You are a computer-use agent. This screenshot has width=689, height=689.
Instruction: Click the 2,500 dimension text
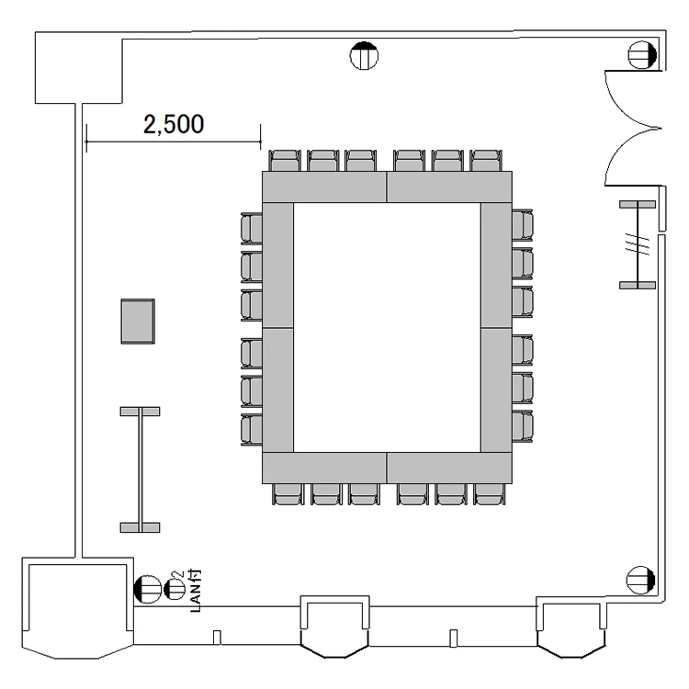174,124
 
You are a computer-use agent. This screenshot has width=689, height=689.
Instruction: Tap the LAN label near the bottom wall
196,597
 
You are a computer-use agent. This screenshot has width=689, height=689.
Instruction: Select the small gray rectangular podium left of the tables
138,322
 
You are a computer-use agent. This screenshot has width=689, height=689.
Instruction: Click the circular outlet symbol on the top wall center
364,56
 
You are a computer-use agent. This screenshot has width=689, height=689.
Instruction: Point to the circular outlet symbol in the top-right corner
642,55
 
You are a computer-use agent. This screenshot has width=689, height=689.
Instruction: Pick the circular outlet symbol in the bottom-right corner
640,580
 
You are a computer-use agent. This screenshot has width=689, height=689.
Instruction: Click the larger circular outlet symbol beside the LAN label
147,589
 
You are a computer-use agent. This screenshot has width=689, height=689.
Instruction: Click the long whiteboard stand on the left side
141,469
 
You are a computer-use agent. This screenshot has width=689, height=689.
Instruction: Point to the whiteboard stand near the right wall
638,244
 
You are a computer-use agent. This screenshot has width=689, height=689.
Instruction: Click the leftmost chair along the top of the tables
285,161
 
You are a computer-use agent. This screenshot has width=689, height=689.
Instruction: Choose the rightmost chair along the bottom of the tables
490,494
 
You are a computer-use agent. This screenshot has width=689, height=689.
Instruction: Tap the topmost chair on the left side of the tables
252,228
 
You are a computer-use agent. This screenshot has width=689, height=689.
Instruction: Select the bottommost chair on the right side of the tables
523,426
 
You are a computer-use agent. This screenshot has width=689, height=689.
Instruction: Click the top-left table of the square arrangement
324,186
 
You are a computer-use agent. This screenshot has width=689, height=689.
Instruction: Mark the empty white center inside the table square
387,327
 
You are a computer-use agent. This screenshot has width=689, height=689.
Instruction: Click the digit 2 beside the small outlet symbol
177,574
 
